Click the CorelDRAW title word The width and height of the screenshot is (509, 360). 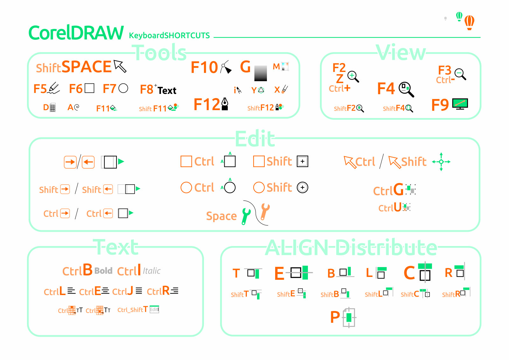point(76,33)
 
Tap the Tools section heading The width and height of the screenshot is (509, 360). point(159,53)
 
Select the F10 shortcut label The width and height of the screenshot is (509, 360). point(204,67)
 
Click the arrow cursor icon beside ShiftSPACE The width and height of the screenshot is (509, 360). point(120,66)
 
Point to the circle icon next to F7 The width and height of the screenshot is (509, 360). point(123,88)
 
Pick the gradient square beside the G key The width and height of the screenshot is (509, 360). point(261,73)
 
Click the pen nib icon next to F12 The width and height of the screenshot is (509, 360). point(225,104)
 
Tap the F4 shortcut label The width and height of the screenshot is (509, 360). point(386,88)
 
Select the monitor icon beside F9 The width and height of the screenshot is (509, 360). point(460,104)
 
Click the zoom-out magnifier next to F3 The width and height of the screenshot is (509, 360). point(460,74)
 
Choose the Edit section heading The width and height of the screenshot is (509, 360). point(255,139)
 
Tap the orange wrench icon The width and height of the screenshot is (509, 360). point(264,212)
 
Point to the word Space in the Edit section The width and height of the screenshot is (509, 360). point(221,216)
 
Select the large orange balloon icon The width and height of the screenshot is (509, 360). point(469,22)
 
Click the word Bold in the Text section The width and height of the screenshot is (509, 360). point(103,271)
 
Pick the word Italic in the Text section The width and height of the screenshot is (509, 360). point(152,271)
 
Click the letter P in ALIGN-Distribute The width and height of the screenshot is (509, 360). point(335,317)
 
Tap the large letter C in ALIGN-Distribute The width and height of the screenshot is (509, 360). point(409,273)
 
